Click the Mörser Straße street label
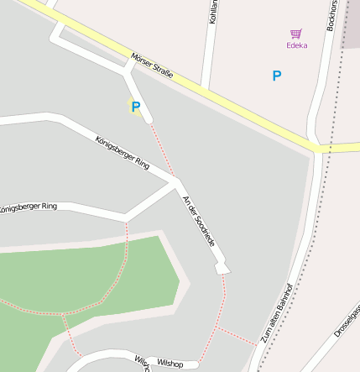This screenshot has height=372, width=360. pos(152,66)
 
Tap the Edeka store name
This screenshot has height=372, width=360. pos(296,45)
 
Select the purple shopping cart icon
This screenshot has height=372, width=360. pos(296,34)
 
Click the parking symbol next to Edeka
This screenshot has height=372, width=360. pos(277,76)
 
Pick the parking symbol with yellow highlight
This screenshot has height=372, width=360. pos(134,107)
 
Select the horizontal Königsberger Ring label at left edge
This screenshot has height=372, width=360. pos(29,206)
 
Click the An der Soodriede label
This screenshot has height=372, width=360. pos(199,220)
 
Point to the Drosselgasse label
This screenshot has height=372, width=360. pos(346,322)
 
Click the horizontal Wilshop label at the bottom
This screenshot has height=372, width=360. pos(170,363)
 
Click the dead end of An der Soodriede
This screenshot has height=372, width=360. pos(222,268)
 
